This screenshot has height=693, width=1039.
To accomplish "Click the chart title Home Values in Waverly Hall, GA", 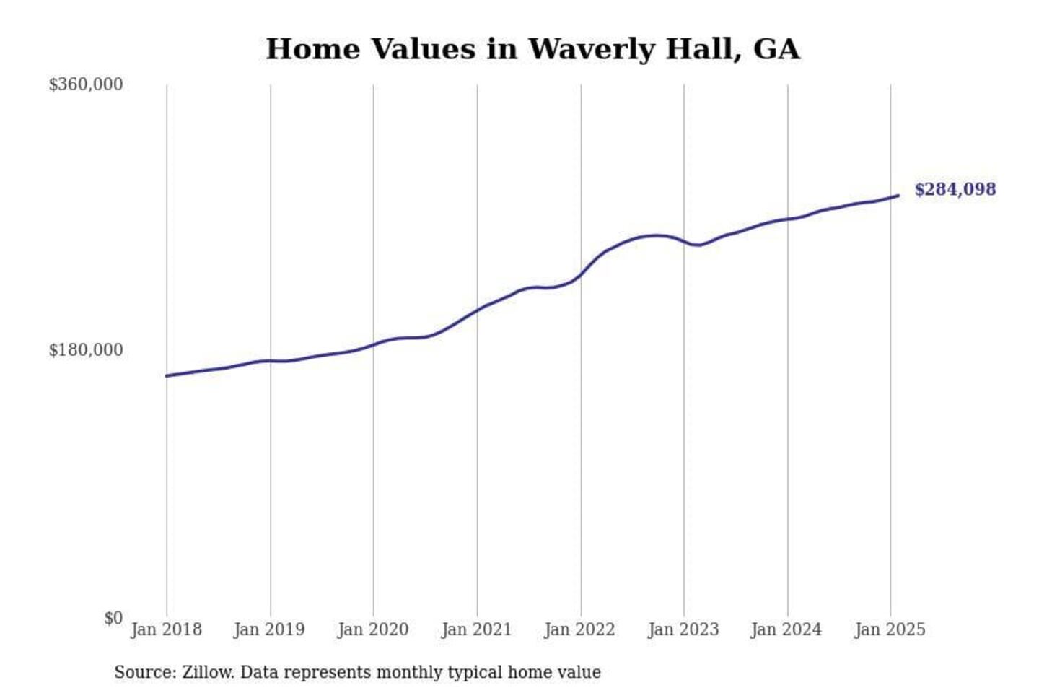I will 532,49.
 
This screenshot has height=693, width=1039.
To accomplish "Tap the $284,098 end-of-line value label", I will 955,189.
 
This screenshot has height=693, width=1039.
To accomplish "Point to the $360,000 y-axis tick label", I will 86,84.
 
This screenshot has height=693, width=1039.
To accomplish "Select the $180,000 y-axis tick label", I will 86,350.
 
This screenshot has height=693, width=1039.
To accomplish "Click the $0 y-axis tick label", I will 113,618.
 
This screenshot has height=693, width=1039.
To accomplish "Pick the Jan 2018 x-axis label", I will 166,629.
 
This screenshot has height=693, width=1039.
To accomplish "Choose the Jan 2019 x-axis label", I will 269,629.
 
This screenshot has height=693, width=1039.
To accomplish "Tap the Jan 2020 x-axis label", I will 373,629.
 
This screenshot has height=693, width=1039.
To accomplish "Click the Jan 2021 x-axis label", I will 476,629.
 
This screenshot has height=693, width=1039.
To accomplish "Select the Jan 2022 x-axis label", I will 579,629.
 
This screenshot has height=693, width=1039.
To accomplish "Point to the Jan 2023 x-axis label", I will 683,629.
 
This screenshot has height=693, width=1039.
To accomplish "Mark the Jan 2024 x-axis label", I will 786,629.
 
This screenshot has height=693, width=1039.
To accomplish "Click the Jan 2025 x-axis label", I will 890,629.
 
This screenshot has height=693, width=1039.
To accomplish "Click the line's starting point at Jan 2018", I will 167,375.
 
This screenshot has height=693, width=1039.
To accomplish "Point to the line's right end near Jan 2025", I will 898,196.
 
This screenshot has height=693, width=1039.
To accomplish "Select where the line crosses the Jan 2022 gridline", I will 581,275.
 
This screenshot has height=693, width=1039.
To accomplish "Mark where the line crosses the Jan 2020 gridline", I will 374,344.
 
